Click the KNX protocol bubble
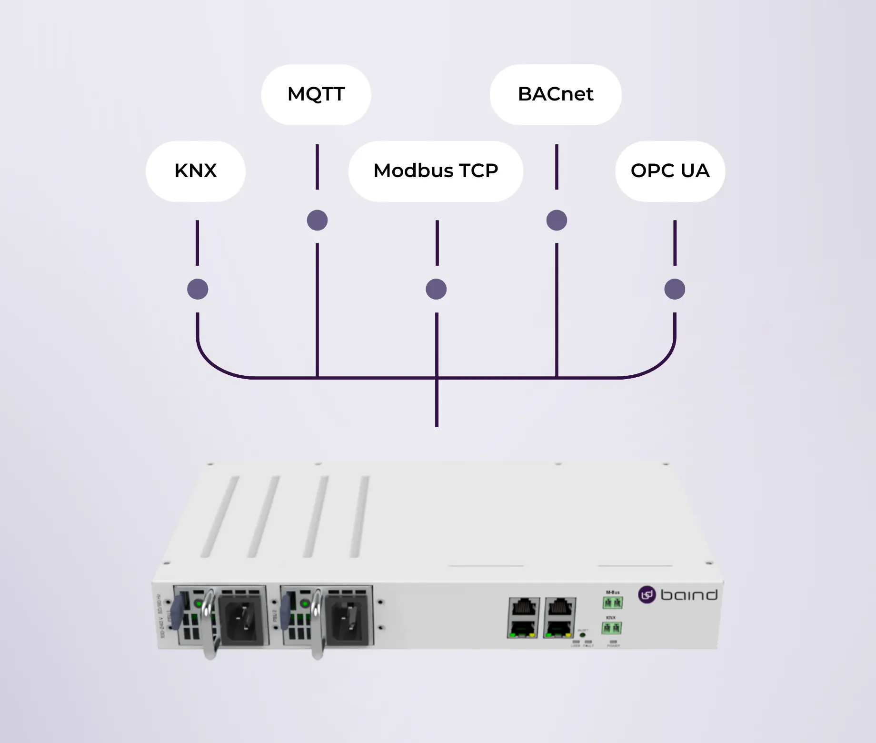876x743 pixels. click(196, 171)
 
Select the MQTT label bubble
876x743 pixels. click(316, 94)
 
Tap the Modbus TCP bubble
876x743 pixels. click(436, 171)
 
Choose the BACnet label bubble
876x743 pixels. click(556, 94)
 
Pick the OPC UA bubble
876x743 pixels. click(670, 171)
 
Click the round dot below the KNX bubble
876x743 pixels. click(198, 289)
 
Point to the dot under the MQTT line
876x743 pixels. click(317, 220)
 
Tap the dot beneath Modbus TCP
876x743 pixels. click(436, 289)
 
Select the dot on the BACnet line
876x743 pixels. click(557, 220)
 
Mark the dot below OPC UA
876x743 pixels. click(675, 289)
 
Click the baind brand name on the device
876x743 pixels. click(689, 595)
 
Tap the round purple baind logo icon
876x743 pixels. click(647, 595)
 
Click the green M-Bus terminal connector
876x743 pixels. click(612, 603)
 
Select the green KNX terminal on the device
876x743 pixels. click(612, 628)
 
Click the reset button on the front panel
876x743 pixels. click(582, 635)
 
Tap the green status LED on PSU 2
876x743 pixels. click(305, 604)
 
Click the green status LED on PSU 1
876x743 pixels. click(198, 604)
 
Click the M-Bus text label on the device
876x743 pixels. click(613, 592)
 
